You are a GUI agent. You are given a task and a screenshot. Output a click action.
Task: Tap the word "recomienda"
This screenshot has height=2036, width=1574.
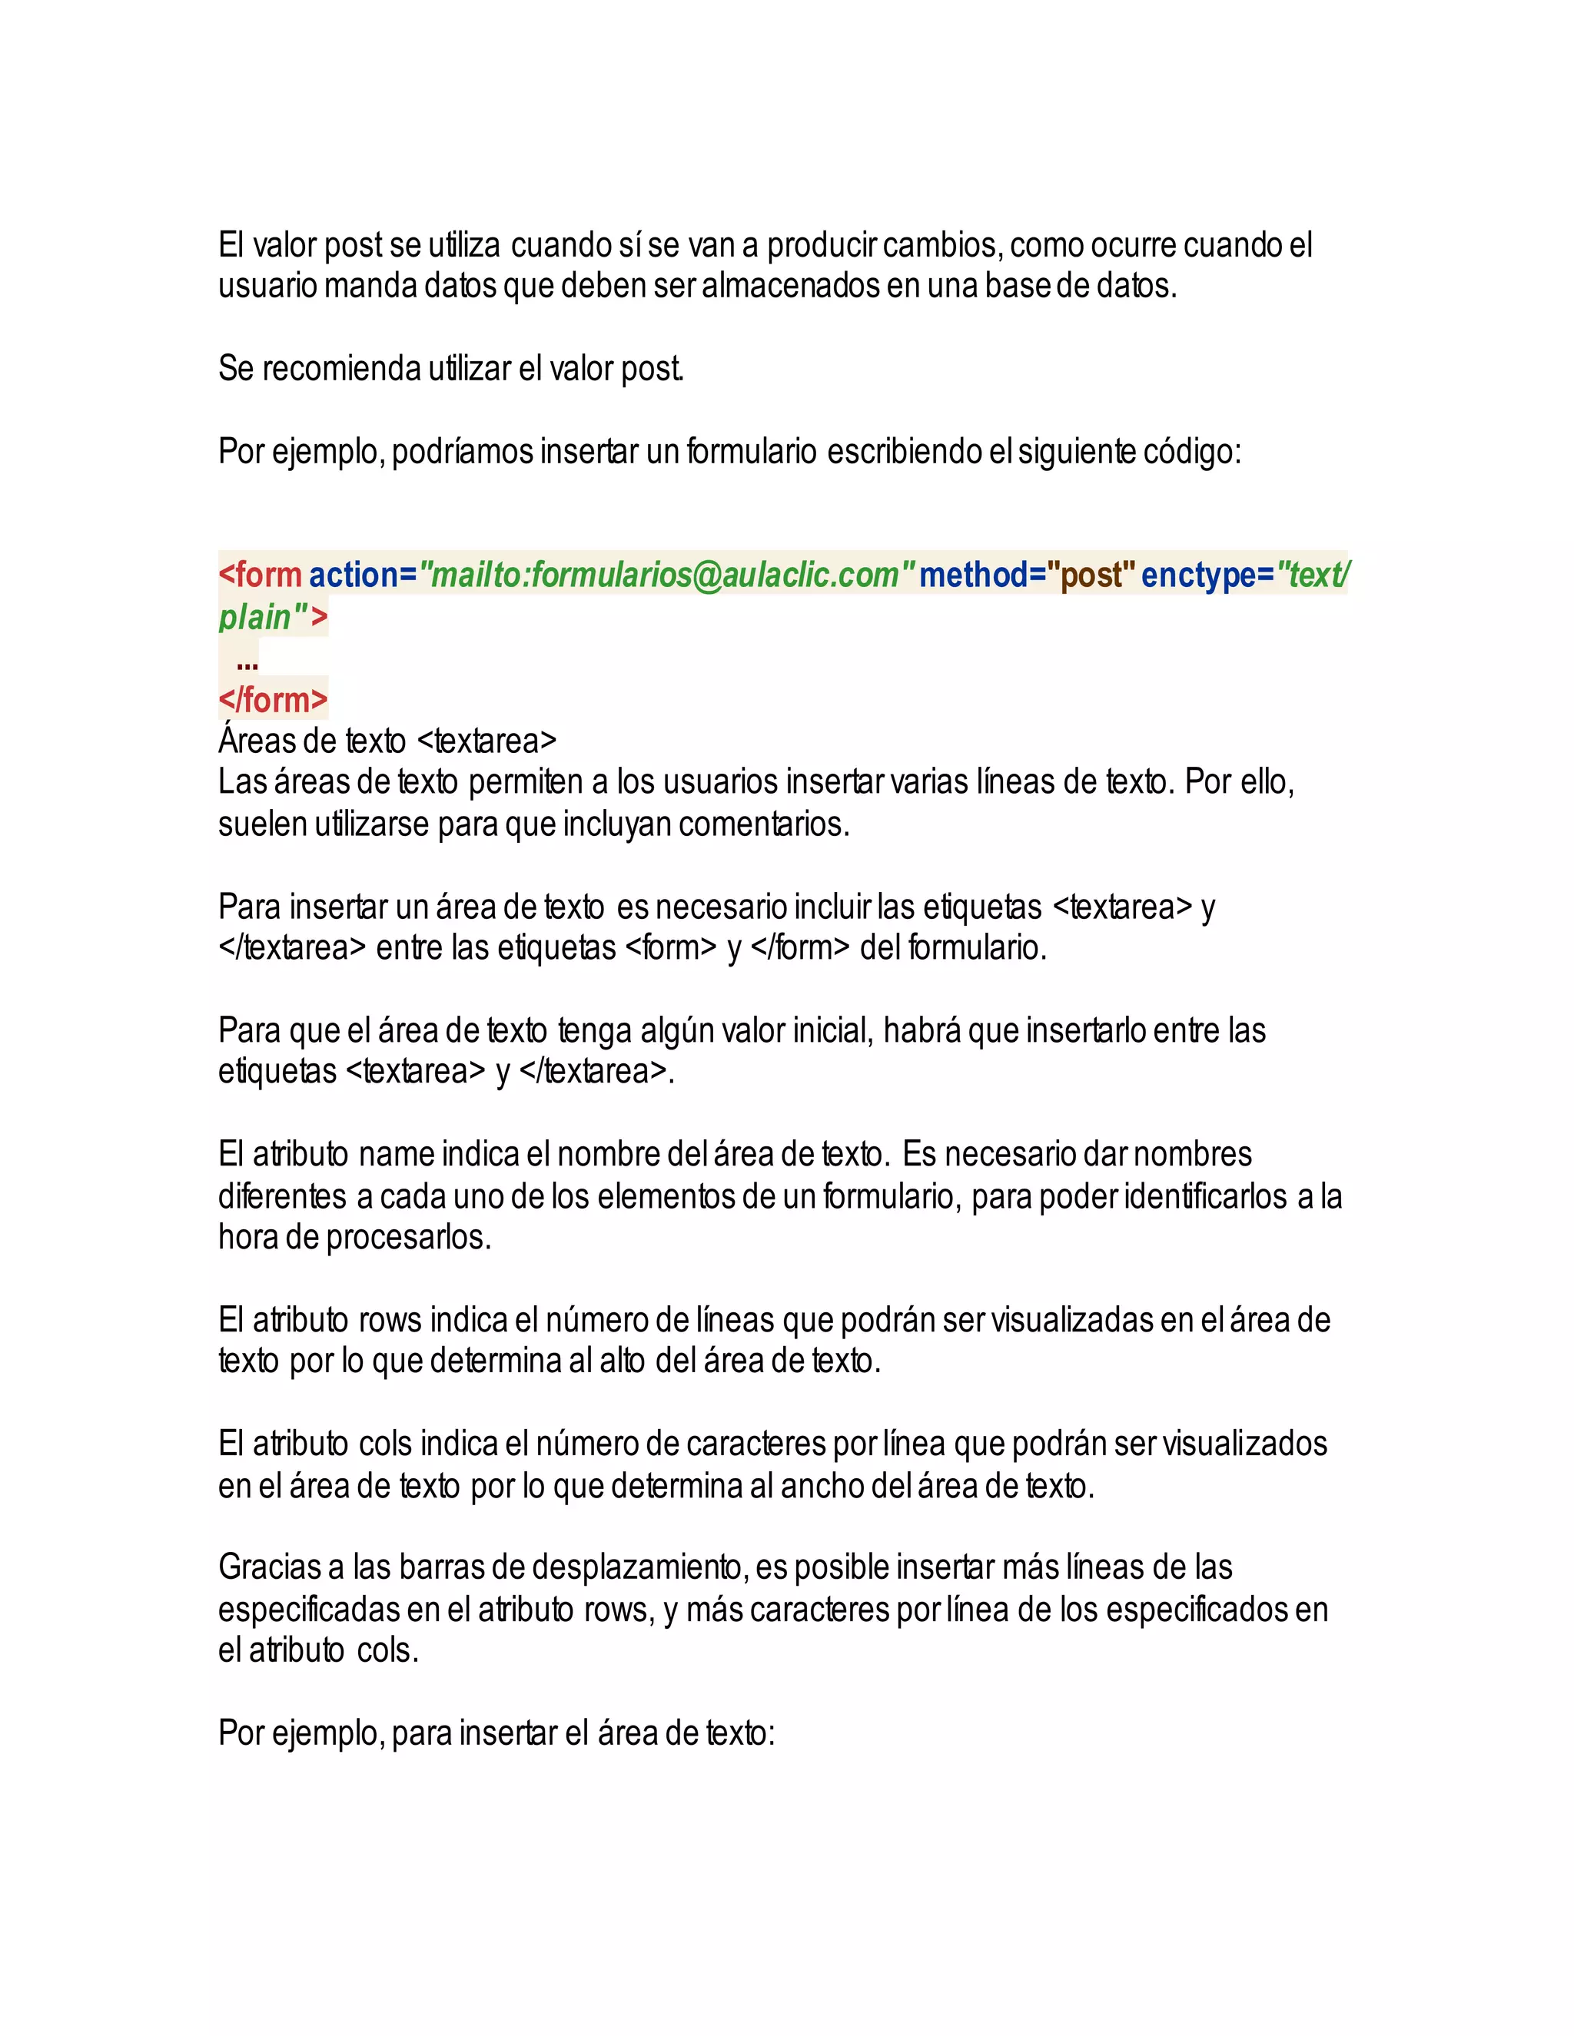click(341, 369)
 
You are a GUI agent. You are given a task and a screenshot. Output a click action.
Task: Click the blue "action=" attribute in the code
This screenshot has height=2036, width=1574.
click(363, 575)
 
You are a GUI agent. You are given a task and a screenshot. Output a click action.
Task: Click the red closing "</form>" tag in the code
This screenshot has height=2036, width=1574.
click(273, 699)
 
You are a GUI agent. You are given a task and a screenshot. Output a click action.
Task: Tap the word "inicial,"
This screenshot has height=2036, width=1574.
click(832, 1031)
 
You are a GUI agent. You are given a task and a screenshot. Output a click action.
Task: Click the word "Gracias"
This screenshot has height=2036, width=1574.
click(270, 1568)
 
